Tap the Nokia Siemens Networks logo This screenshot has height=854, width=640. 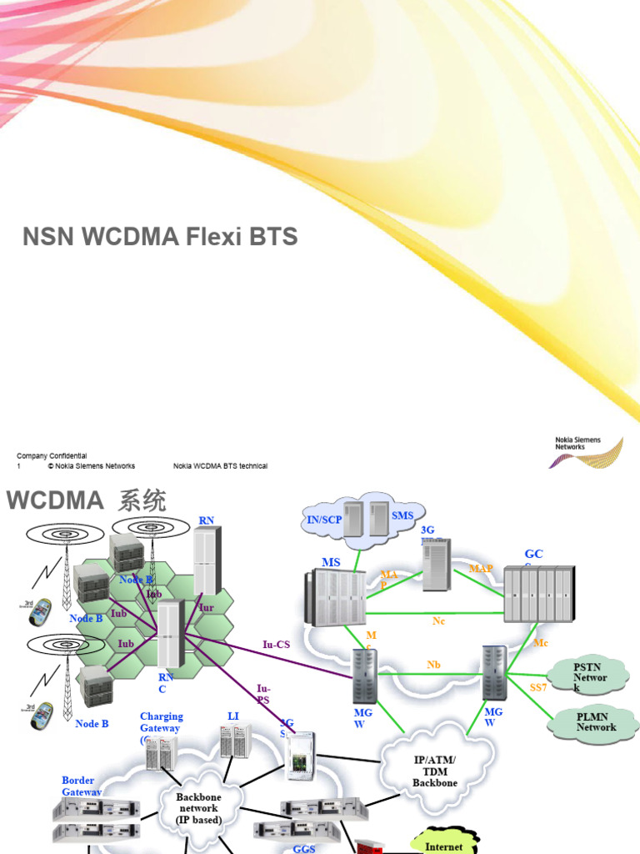click(588, 451)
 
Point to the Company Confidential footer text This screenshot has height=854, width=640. click(52, 456)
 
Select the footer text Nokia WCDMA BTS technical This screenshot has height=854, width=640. click(220, 466)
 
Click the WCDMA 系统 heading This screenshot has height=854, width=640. click(87, 501)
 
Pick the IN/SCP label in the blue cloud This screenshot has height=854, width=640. click(324, 520)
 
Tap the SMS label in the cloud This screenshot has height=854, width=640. click(402, 516)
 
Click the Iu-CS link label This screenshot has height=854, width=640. click(276, 644)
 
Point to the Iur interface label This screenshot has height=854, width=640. click(207, 608)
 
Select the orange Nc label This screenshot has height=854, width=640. click(439, 621)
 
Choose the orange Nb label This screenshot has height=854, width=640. click(433, 665)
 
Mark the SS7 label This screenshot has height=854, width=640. click(539, 686)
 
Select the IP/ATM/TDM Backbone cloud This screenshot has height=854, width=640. click(435, 771)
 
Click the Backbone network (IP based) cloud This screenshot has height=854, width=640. click(198, 808)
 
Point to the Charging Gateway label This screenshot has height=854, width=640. click(161, 722)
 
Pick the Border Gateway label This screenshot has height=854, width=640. click(83, 786)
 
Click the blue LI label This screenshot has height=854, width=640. click(233, 716)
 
